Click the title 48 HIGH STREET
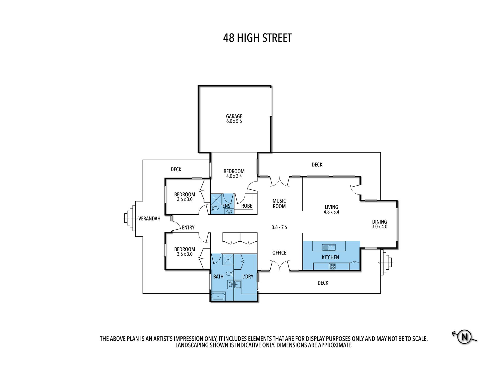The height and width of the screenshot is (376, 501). [257, 38]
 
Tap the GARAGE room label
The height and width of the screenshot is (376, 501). [234, 116]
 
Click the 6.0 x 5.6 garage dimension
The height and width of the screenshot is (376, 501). [234, 121]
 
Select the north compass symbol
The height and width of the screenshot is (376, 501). [464, 337]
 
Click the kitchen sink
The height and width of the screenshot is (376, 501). [329, 247]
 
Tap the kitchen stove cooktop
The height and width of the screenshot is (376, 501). [332, 266]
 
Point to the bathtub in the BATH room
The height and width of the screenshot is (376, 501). [218, 296]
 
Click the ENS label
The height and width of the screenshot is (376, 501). [226, 206]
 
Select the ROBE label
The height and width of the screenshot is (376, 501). [247, 206]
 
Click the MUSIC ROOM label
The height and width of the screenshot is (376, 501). [279, 203]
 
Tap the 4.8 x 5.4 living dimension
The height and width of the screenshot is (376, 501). [331, 212]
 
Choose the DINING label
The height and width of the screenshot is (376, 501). [379, 222]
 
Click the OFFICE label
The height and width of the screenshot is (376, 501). [279, 253]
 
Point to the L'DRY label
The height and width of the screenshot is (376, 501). [248, 277]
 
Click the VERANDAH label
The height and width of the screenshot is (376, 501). [149, 218]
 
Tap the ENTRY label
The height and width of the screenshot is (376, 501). [188, 227]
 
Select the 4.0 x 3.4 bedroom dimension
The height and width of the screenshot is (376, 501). [234, 176]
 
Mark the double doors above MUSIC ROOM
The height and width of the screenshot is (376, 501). [280, 182]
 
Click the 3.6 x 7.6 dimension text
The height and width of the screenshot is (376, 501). [279, 227]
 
